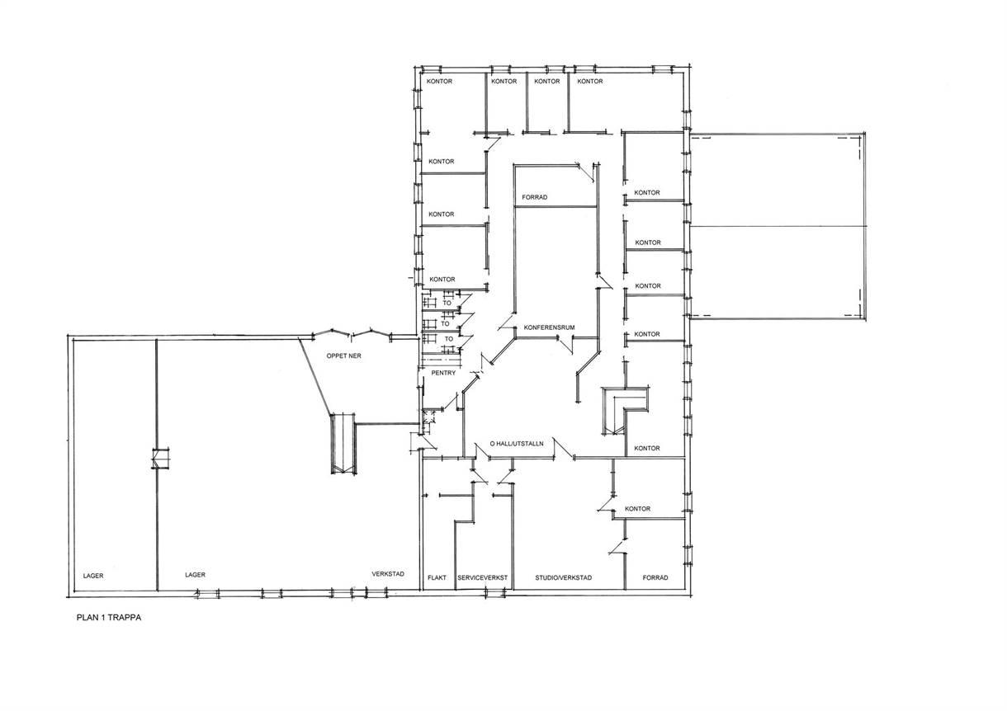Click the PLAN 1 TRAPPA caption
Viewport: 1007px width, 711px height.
[109, 618]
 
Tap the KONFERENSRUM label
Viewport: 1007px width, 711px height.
[549, 327]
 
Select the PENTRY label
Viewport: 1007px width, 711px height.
[443, 373]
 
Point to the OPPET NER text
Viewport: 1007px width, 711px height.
[344, 355]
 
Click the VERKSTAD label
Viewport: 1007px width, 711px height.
[388, 573]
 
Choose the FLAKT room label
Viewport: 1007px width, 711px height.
[437, 577]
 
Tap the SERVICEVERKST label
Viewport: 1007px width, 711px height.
[482, 577]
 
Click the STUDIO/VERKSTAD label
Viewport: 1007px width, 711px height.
[563, 577]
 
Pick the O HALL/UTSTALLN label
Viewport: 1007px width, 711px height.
[517, 443]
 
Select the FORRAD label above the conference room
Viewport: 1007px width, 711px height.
[535, 197]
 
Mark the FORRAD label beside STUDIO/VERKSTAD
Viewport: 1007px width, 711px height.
[655, 577]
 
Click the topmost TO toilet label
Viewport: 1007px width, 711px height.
[447, 304]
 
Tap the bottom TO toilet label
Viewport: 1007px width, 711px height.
[449, 339]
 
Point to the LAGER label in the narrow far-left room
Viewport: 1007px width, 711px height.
[93, 576]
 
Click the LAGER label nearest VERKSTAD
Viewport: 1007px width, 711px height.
[195, 574]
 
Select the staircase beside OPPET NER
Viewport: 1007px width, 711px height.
[343, 443]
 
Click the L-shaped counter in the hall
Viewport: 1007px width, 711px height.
[626, 411]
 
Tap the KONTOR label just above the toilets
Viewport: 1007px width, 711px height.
[442, 280]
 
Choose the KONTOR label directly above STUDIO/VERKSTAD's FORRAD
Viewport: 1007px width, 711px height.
[638, 508]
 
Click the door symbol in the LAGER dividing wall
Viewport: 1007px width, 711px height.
[160, 459]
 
